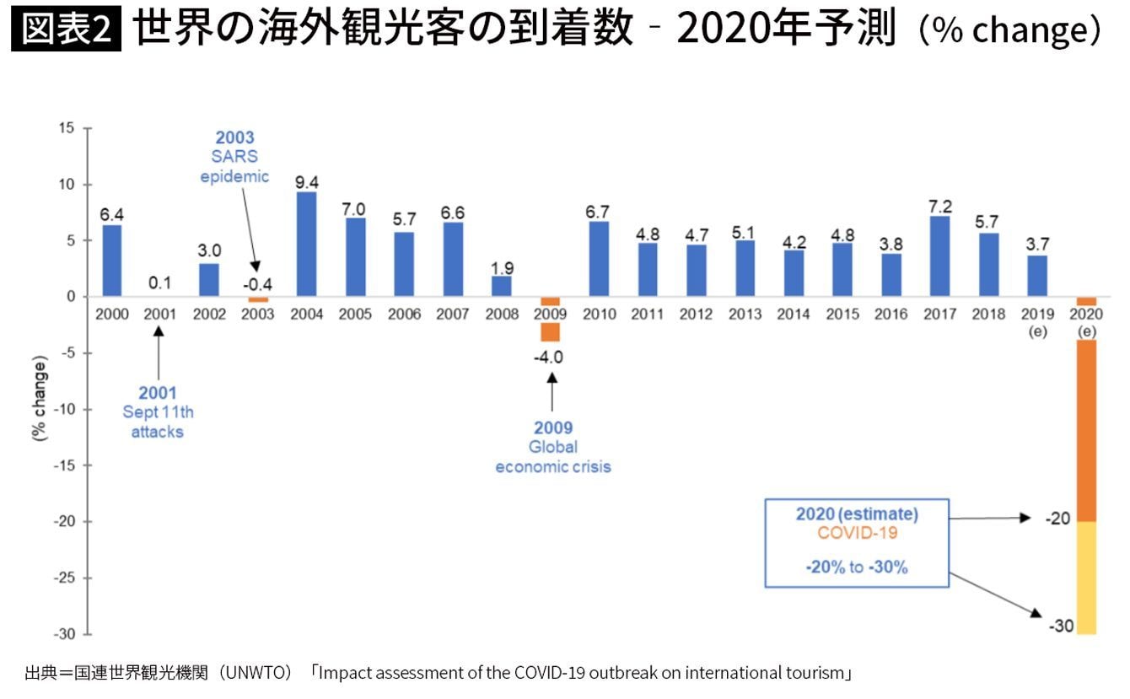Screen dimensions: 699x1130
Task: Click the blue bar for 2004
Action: [307, 245]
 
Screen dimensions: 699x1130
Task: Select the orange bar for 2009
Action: [550, 320]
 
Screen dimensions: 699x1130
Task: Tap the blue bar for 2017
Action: [939, 256]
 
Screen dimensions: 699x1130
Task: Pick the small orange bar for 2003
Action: [258, 299]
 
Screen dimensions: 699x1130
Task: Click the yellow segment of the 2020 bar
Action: [1086, 578]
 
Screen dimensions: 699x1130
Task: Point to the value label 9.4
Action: [307, 180]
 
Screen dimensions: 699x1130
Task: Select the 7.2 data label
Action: [939, 205]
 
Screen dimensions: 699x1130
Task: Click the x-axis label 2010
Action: [598, 315]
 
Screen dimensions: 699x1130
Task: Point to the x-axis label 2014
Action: [793, 315]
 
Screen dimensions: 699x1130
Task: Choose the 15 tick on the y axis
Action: [67, 128]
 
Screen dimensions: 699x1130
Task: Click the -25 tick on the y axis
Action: [63, 578]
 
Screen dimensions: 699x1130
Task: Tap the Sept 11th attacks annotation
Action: [158, 412]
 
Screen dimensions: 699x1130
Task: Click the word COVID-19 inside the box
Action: [857, 533]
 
